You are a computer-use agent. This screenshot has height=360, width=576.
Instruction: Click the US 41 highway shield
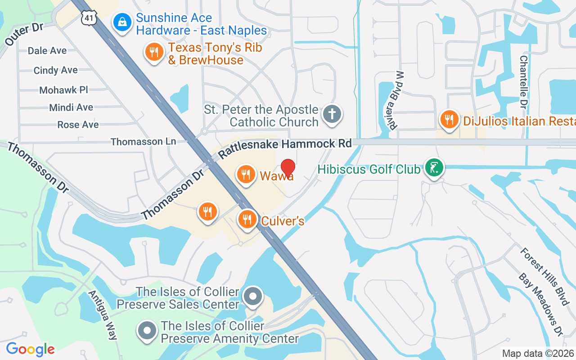click(x=89, y=18)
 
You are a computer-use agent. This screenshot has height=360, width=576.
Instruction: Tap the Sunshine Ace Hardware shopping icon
click(x=121, y=22)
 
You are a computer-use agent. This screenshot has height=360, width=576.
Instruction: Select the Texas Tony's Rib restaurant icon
click(x=154, y=51)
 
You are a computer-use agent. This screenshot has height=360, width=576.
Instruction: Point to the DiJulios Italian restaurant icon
click(x=449, y=120)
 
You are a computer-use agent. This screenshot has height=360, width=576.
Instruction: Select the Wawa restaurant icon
click(x=246, y=173)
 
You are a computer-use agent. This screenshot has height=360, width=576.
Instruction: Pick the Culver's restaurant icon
click(x=247, y=219)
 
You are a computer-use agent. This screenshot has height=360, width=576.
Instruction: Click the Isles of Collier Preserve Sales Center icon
click(x=253, y=297)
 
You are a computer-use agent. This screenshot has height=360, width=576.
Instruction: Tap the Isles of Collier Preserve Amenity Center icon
click(x=147, y=331)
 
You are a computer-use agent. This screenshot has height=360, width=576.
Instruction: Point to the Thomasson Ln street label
click(x=143, y=141)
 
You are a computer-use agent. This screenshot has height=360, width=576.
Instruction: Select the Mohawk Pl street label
click(x=63, y=90)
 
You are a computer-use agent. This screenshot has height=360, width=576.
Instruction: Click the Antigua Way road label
click(x=103, y=315)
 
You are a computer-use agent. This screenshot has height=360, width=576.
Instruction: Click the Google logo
click(x=30, y=349)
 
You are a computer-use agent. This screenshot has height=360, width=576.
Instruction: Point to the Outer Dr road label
click(x=24, y=34)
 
